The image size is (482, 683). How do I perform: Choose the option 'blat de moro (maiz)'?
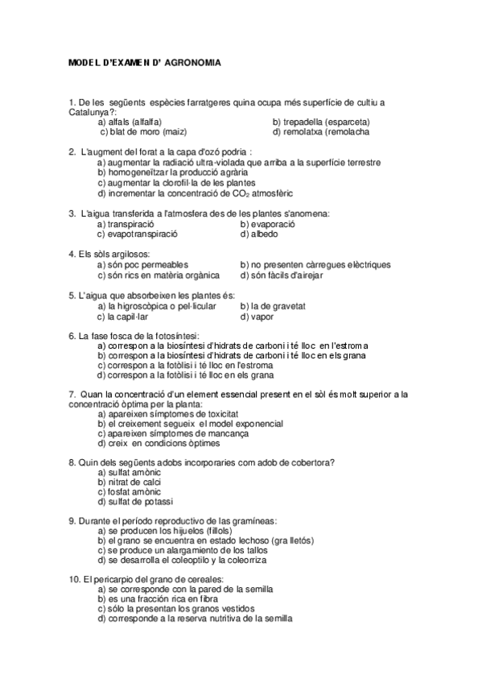[135, 131]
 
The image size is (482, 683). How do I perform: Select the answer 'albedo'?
[259, 234]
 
